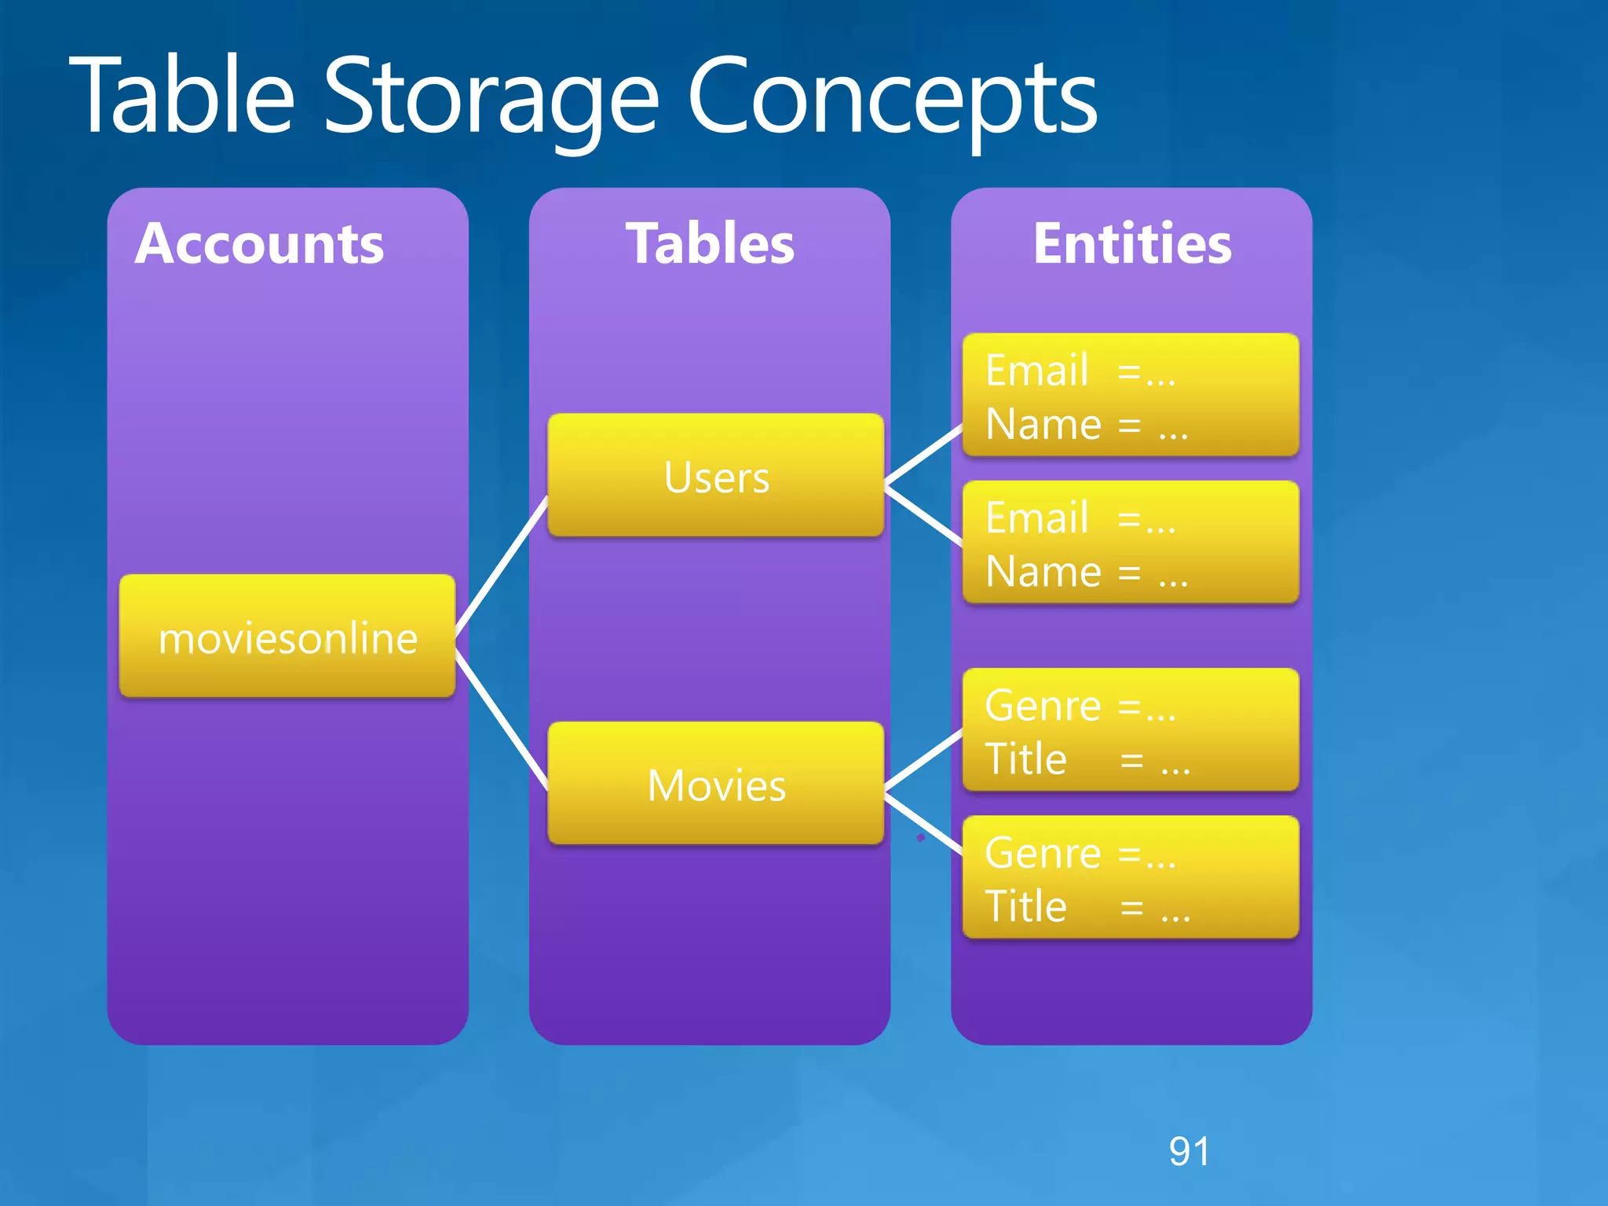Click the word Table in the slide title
[x=182, y=96]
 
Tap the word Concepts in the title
[x=891, y=98]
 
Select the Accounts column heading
[x=259, y=243]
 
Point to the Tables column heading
[x=710, y=243]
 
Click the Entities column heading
[x=1131, y=243]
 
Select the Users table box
[x=715, y=476]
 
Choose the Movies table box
[x=715, y=784]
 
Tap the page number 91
[x=1189, y=1151]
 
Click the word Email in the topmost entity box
[x=1036, y=370]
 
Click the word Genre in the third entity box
[x=1043, y=705]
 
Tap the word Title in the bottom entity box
[x=1025, y=906]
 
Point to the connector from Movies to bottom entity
[x=923, y=824]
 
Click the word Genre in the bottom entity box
[x=1043, y=853]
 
